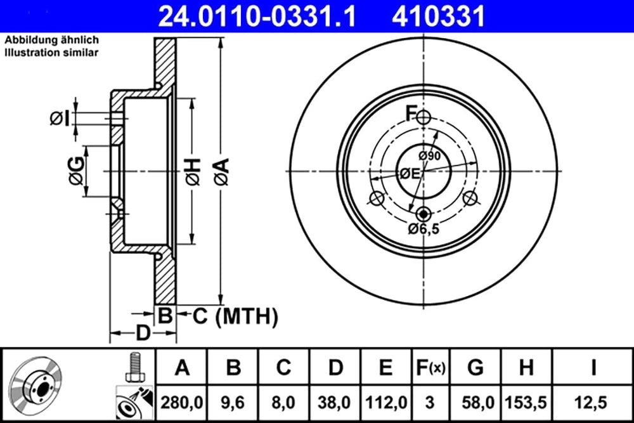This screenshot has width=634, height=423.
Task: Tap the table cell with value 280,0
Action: tap(183, 401)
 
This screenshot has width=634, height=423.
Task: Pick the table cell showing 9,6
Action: tap(233, 401)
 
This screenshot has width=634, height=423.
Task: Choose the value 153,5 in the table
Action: tap(526, 401)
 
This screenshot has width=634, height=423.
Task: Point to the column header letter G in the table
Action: tap(474, 367)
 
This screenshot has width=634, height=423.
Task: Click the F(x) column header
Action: tap(430, 367)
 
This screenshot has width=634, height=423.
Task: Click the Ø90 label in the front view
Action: tap(429, 155)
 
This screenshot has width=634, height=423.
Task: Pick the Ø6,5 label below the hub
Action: tap(424, 229)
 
